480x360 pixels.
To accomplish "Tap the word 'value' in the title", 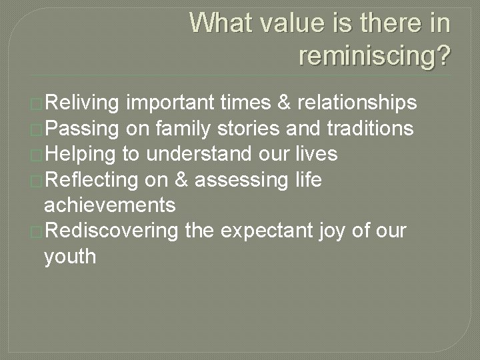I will point(297,23).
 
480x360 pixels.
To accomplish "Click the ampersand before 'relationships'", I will point(283,103).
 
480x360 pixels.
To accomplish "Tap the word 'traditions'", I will point(371,128).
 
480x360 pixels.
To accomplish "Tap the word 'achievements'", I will point(109,205).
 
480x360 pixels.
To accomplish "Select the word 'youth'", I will point(69,256).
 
